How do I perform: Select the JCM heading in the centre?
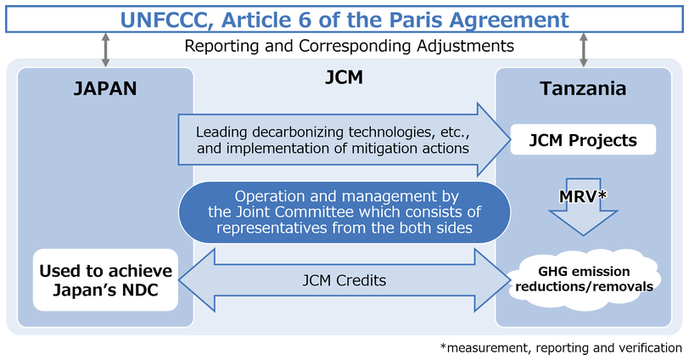click(x=344, y=78)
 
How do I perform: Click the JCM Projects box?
click(x=583, y=140)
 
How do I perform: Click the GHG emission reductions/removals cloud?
click(x=583, y=278)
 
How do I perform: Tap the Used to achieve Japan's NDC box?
click(x=105, y=280)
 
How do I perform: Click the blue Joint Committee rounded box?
click(x=344, y=211)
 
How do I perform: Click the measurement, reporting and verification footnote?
click(x=561, y=347)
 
